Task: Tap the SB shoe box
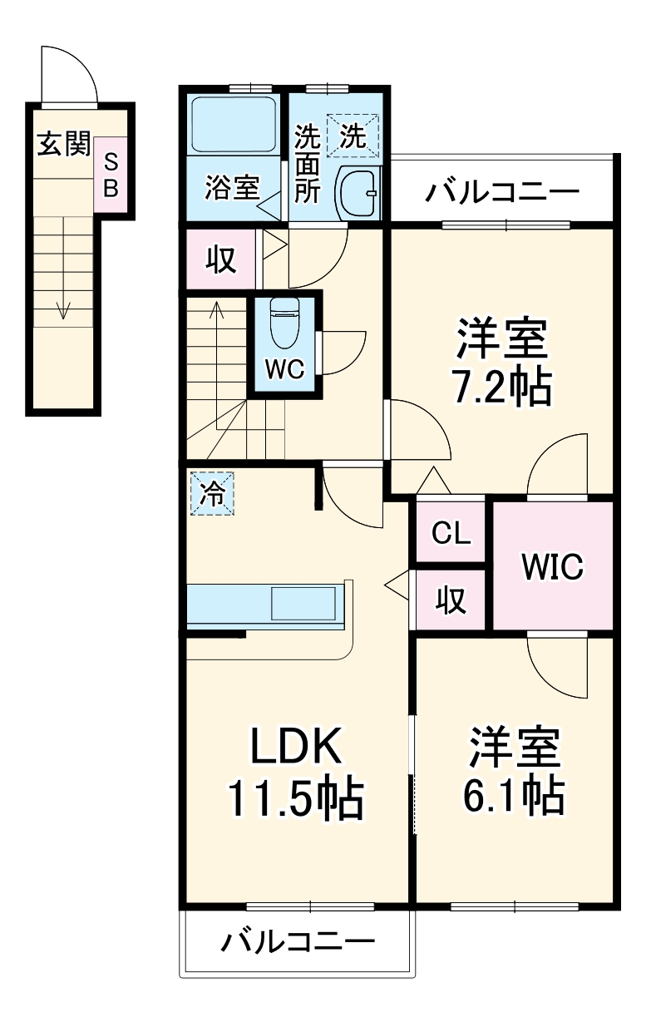click(111, 175)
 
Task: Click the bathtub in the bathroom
click(234, 124)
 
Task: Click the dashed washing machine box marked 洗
click(353, 136)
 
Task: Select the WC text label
click(285, 368)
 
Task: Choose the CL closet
click(451, 533)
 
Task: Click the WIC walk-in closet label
click(553, 566)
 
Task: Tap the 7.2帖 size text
click(501, 387)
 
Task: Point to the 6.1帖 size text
click(513, 797)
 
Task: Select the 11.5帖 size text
click(296, 800)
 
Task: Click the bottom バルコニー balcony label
click(298, 943)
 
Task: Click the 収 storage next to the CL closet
click(451, 600)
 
